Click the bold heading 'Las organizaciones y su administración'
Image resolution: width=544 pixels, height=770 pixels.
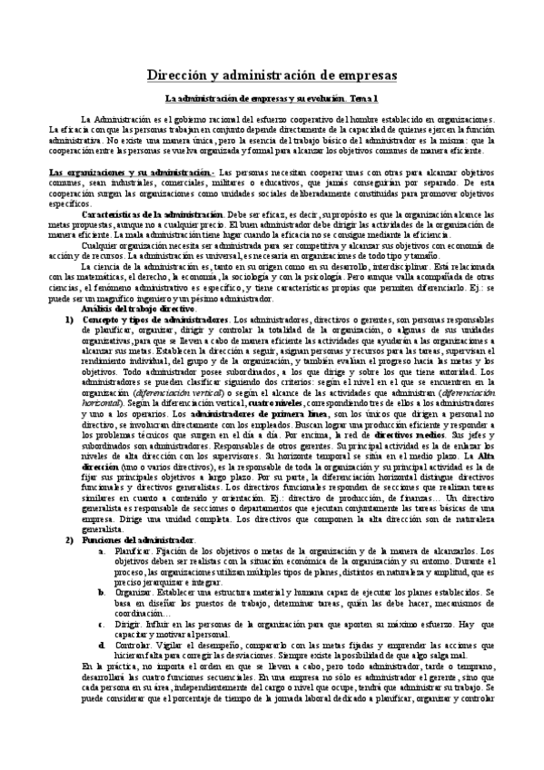coord(129,173)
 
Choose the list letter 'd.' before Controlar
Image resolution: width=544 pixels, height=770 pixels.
coord(100,645)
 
